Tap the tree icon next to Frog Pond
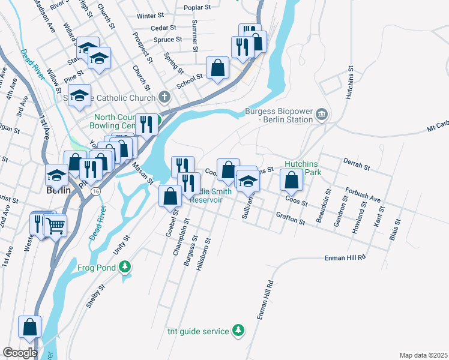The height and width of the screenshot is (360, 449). [125, 266]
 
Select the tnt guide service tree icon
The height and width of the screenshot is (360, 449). [238, 331]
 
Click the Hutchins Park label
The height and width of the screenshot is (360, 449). [305, 167]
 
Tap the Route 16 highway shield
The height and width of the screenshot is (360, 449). [95, 190]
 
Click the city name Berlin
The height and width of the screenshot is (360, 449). [58, 190]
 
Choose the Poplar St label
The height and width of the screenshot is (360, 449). [198, 8]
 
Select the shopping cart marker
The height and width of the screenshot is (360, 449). [55, 226]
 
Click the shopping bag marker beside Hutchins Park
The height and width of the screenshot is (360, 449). [291, 179]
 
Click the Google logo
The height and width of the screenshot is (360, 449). [20, 353]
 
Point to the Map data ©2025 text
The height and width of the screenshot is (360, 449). [423, 355]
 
